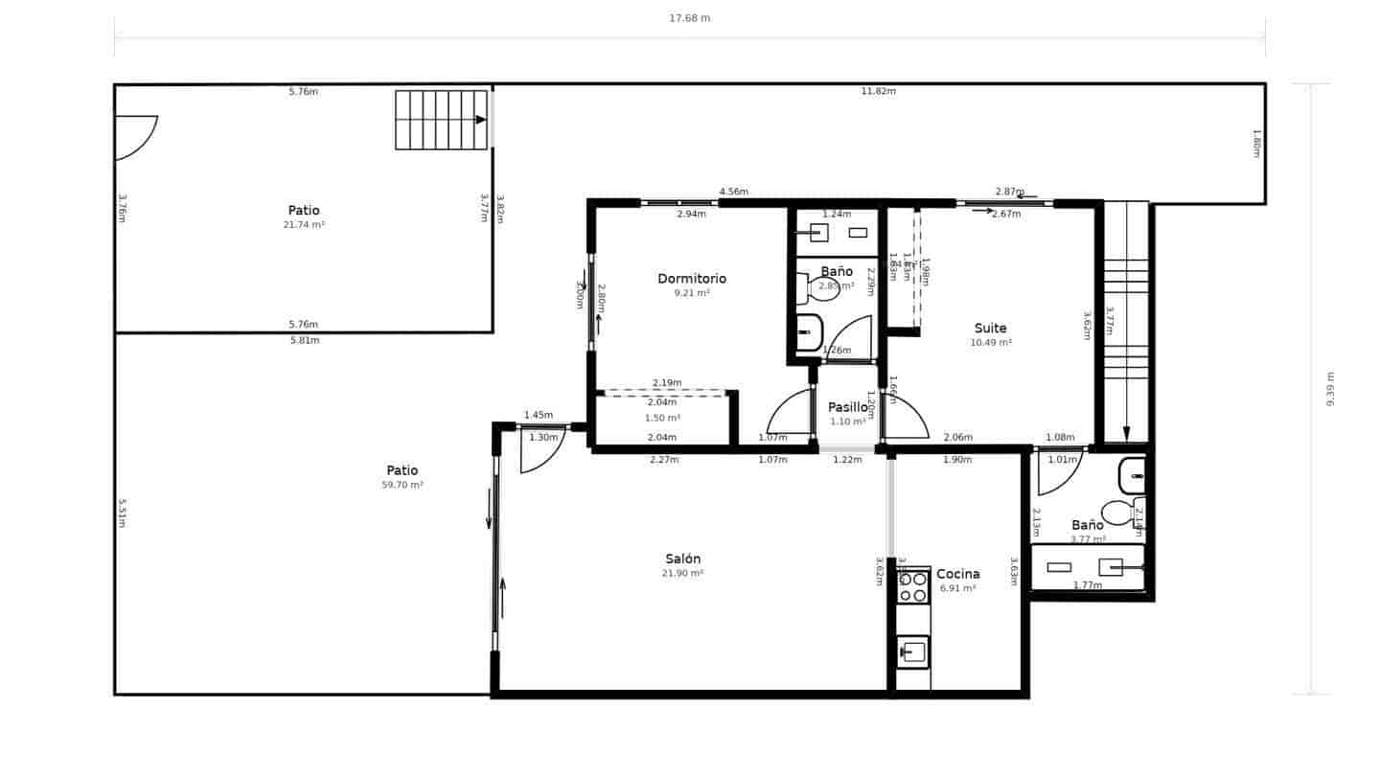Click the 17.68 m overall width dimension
click(x=689, y=18)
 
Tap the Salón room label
click(x=682, y=559)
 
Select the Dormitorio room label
click(x=691, y=279)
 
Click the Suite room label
click(x=990, y=329)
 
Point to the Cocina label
click(x=957, y=574)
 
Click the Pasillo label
click(x=847, y=407)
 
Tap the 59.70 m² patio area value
click(x=402, y=486)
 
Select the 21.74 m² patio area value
click(x=303, y=225)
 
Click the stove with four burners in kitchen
click(x=913, y=586)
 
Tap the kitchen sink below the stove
click(x=913, y=651)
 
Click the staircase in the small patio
click(x=441, y=120)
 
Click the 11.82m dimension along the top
click(x=878, y=92)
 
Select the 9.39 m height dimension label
click(x=1330, y=389)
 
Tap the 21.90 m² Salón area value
click(x=682, y=574)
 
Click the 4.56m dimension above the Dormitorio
click(x=733, y=192)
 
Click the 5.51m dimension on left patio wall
click(x=122, y=513)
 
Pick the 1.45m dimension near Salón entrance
click(x=538, y=415)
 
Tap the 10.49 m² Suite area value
click(x=990, y=343)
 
